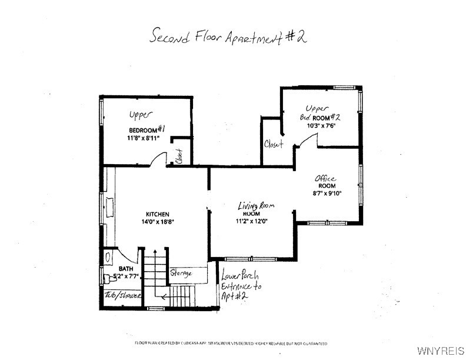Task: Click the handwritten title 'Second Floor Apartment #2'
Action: (x=228, y=36)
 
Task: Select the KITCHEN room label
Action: (x=158, y=214)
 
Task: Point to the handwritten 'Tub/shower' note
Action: (x=122, y=295)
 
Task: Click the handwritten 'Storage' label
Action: (x=181, y=273)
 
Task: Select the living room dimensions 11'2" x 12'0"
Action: (x=251, y=222)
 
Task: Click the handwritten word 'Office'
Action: (x=325, y=178)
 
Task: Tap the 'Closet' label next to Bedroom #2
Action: (x=274, y=144)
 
